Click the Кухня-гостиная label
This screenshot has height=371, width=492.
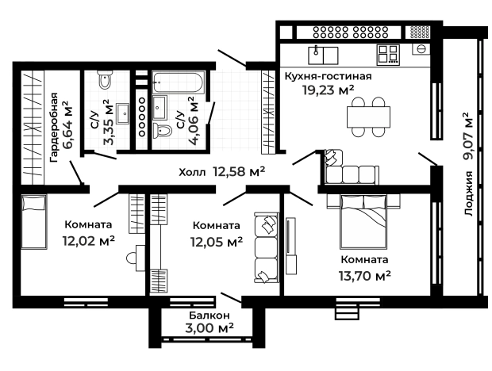(328, 76)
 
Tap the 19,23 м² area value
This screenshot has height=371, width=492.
(329, 90)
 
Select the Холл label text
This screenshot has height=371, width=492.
(192, 172)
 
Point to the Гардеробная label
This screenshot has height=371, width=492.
(54, 127)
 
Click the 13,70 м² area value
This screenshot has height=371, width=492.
(364, 276)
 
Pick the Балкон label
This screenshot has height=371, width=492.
(209, 316)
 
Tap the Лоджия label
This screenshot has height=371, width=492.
(468, 193)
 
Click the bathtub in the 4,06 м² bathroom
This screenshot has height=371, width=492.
(179, 82)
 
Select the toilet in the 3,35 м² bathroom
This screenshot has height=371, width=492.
(105, 79)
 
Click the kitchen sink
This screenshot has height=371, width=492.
(323, 55)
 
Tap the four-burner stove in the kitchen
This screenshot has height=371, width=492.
(389, 55)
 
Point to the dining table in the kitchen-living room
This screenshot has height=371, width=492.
(368, 117)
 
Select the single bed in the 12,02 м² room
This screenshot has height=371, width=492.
(34, 221)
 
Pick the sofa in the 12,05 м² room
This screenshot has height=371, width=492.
(267, 247)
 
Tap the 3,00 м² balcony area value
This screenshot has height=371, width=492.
(209, 328)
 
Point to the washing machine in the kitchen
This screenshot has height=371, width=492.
(421, 48)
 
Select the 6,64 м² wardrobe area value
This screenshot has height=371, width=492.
(67, 124)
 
